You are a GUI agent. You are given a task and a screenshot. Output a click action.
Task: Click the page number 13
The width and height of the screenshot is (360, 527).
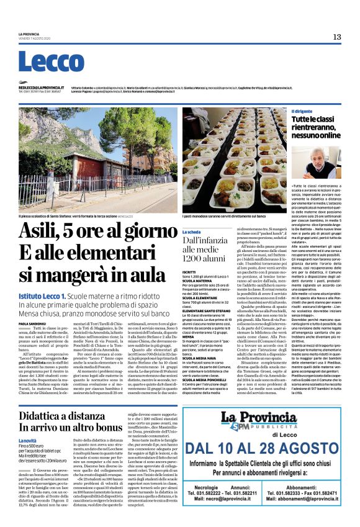click(337, 37)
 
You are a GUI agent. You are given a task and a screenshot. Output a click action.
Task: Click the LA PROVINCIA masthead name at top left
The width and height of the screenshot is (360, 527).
click(29, 34)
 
